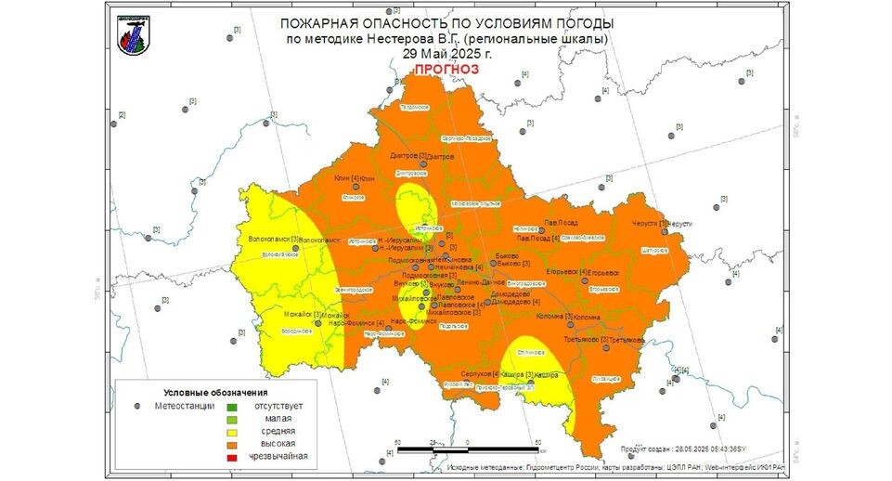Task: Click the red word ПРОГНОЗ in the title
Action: [x=441, y=70]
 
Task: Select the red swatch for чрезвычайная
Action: [x=233, y=456]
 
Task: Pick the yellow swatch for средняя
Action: [x=233, y=431]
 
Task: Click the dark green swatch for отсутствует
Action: [x=233, y=406]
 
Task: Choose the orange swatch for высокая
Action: [x=233, y=444]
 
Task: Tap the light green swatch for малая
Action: [x=233, y=419]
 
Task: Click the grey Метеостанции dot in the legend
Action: [x=137, y=406]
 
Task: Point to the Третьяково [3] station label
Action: [x=585, y=339]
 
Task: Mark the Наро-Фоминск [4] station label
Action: [x=368, y=322]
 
